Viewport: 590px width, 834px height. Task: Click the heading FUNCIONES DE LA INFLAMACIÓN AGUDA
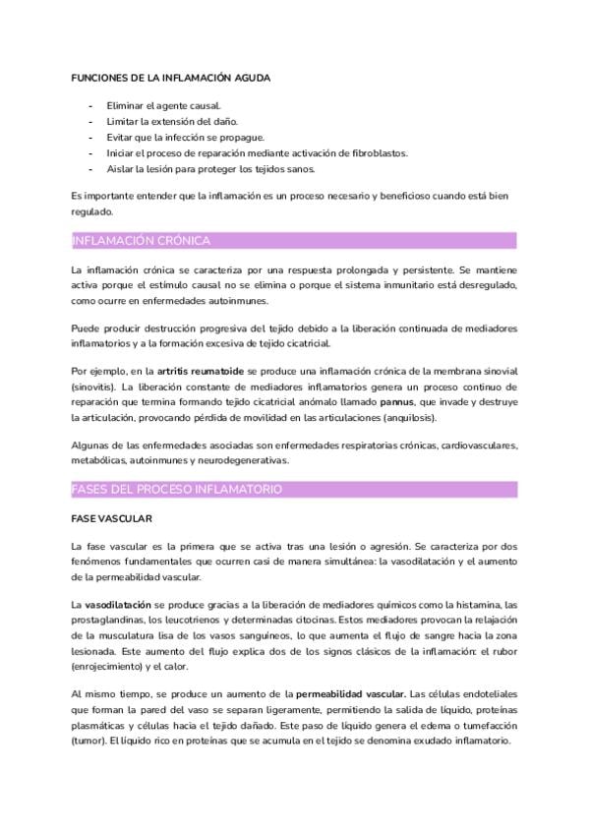(171, 77)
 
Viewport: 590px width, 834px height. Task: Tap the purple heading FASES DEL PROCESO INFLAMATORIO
(177, 489)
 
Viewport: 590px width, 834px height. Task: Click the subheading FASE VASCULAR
(111, 517)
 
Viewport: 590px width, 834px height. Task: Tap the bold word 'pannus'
(396, 402)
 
